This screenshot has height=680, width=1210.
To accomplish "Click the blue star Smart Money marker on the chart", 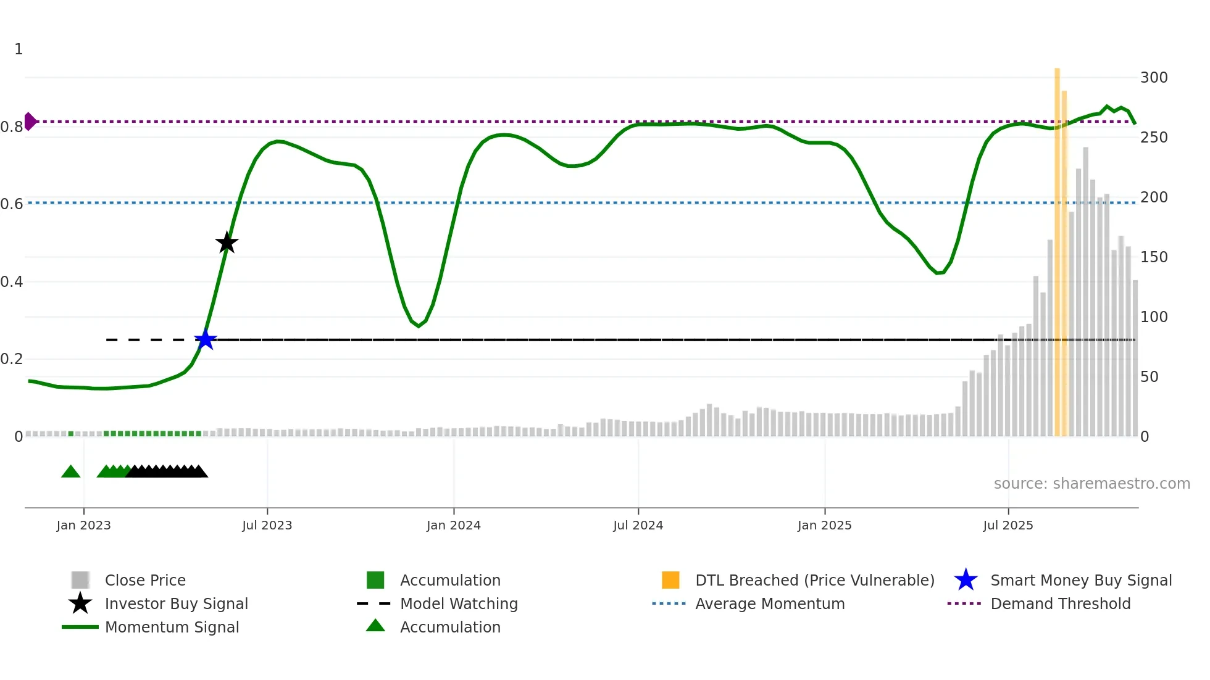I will click(x=205, y=340).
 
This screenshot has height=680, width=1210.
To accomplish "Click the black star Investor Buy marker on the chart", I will click(x=227, y=243).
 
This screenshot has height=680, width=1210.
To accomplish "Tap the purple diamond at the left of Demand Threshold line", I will click(x=30, y=122).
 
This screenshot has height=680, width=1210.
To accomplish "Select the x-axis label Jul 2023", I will click(x=267, y=525).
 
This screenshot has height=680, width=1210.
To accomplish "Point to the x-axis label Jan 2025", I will click(x=824, y=525).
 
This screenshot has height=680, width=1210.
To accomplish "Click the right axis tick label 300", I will click(x=1153, y=78).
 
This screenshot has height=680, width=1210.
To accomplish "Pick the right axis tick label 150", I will click(x=1153, y=257).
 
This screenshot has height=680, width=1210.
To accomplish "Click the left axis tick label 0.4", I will click(x=12, y=282).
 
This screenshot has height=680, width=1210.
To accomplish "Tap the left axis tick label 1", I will click(x=19, y=49).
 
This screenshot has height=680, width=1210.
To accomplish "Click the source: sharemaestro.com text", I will click(x=1091, y=484).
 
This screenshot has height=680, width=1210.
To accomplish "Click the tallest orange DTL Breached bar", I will click(x=1057, y=247).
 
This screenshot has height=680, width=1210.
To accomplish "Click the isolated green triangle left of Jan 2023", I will click(x=71, y=472).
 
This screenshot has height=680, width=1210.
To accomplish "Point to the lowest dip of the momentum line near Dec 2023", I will click(x=419, y=326).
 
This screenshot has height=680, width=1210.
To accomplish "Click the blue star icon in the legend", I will click(x=966, y=580).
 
